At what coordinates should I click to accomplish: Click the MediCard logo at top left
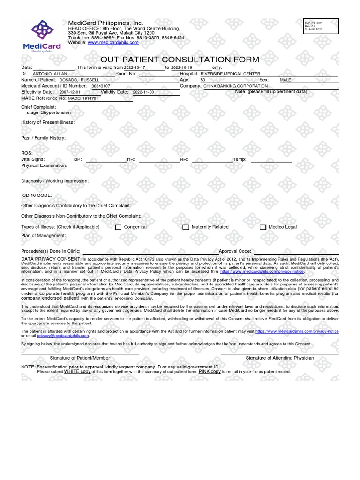point(42,34)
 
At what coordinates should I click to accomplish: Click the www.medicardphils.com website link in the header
point(113,42)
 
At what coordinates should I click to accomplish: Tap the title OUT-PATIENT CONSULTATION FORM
point(180,60)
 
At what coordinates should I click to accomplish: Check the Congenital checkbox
point(118,227)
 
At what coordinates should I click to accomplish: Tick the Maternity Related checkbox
point(186,227)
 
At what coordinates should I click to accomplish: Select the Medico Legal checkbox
point(263,227)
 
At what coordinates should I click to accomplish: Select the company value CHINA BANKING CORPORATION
point(235,86)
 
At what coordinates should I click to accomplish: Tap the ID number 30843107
point(101,86)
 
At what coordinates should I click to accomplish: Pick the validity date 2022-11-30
point(143,92)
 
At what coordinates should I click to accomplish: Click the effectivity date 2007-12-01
point(70,92)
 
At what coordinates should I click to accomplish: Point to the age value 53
point(202,80)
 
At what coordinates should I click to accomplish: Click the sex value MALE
point(285,80)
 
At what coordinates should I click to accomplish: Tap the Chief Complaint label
point(39,107)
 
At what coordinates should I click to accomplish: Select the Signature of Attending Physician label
point(280,358)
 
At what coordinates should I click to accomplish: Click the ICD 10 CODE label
point(37,195)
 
